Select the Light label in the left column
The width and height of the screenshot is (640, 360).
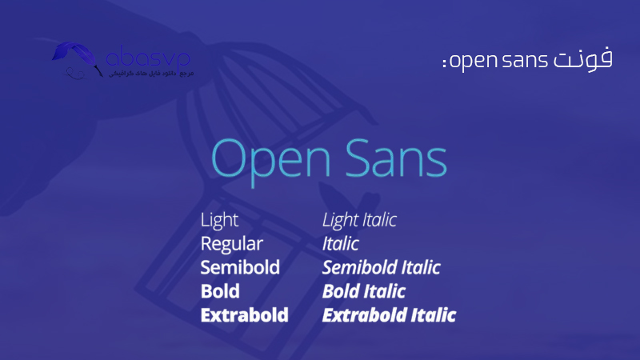(219, 219)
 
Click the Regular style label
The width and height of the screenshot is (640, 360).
(231, 243)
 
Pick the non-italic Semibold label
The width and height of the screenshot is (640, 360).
(240, 266)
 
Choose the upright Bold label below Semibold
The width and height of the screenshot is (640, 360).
(220, 290)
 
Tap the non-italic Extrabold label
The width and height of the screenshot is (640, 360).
(244, 314)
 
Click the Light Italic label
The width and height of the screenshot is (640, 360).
(359, 219)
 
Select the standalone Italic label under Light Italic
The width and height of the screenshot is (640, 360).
(340, 243)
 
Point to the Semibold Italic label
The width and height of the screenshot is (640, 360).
(381, 266)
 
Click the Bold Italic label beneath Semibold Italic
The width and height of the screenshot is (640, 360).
(363, 290)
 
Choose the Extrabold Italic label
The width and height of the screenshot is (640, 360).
(389, 314)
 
